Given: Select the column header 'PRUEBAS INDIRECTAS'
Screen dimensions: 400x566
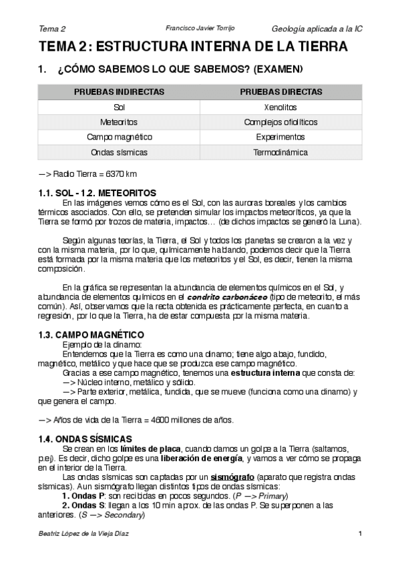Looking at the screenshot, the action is [120, 91].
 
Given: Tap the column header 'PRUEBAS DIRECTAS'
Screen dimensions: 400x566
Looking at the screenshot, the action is [280, 91].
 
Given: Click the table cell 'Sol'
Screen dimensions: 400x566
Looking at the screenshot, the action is [120, 107].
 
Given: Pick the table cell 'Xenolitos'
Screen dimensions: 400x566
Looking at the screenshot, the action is [280, 107].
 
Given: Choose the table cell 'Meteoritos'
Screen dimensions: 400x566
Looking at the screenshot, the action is [120, 122].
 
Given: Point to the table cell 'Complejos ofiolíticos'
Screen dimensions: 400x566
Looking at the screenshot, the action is [280, 122].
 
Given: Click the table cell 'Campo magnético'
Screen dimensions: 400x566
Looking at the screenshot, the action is [120, 137].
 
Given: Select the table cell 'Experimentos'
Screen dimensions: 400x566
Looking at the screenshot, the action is [280, 137].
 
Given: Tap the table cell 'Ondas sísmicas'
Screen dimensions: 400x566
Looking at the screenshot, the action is [120, 153].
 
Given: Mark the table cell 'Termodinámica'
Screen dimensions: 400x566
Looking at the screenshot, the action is [280, 153].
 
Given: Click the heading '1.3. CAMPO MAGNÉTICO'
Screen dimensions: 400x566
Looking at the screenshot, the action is [91, 334].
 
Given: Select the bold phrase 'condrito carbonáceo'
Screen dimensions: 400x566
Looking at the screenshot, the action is [227, 296].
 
